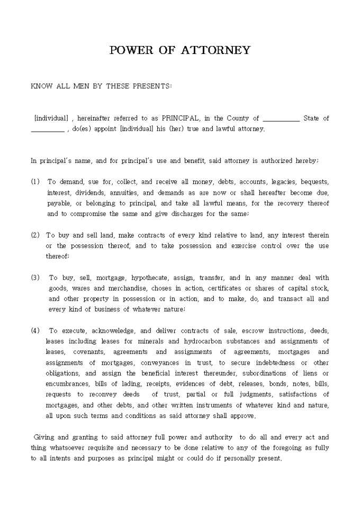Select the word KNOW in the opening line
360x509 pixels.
[42, 87]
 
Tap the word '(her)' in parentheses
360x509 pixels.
[176, 129]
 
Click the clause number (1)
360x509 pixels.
[35, 181]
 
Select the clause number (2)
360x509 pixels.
[35, 235]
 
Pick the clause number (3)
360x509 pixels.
[35, 278]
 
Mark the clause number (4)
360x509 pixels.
[35, 331]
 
